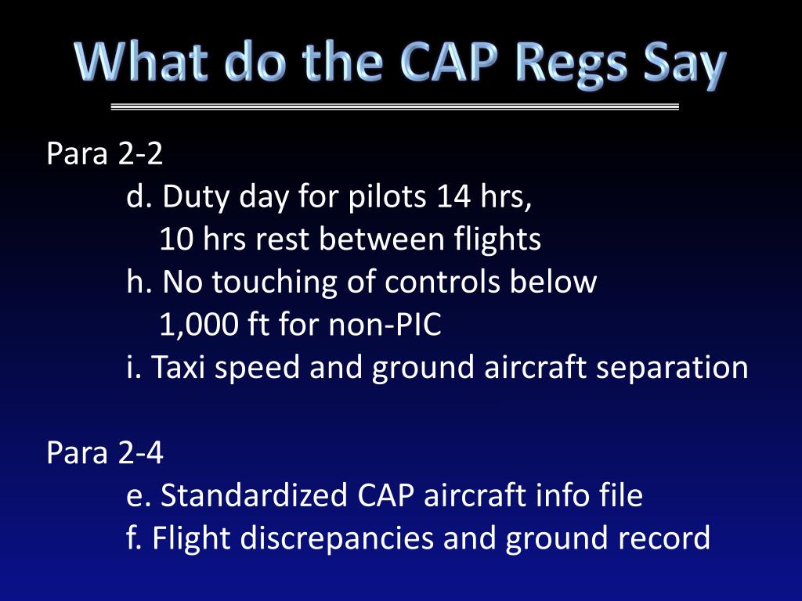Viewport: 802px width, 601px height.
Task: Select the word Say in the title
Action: coord(681,65)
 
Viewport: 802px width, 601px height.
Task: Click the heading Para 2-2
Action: coord(105,154)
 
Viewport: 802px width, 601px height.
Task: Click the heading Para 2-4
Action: coord(105,453)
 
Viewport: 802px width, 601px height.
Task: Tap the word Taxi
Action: coord(179,367)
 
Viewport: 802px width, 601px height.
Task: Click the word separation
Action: coord(670,367)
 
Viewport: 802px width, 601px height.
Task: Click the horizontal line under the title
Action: coord(395,106)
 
